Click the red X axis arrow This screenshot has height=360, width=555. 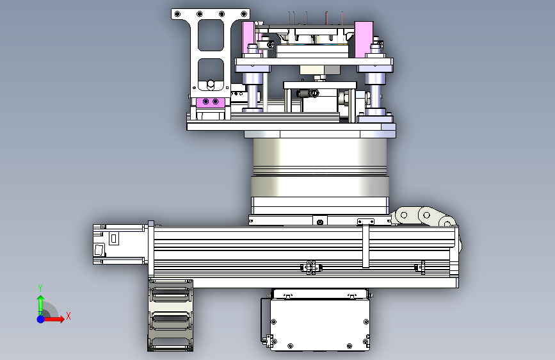pos(53,319)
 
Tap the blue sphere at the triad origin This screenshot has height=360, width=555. pos(41,319)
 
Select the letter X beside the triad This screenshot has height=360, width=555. pos(68,316)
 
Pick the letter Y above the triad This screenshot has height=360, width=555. pos(40,288)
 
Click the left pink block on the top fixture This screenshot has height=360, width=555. pos(248,38)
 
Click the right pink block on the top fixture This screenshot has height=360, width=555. pos(364,39)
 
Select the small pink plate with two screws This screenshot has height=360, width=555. pos(210,102)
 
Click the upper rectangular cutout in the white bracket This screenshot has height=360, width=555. pos(211,35)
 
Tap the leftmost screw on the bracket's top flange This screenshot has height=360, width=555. pos(178,14)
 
